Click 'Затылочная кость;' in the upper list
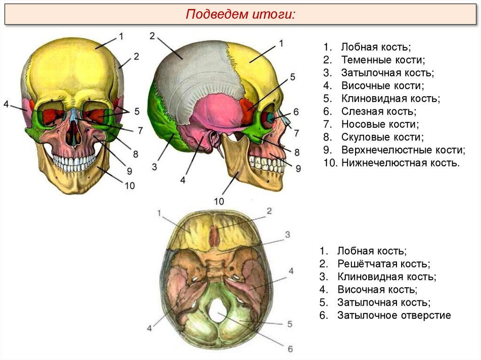[387, 73]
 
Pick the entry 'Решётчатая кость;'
[383, 264]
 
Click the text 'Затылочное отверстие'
[394, 315]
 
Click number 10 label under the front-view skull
[130, 185]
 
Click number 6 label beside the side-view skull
[296, 112]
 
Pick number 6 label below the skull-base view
[290, 349]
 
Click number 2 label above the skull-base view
[270, 211]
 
